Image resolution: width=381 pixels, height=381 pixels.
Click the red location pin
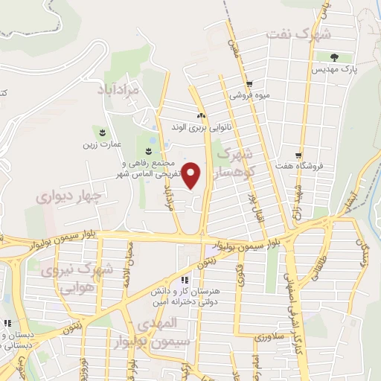[192, 175]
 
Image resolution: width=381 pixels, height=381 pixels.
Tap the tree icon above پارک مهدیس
[333, 57]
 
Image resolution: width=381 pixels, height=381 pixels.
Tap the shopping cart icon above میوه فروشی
[249, 83]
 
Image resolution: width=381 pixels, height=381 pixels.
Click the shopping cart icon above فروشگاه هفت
[298, 155]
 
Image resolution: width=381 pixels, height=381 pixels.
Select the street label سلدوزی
[268, 337]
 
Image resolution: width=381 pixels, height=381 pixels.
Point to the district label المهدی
[157, 324]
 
